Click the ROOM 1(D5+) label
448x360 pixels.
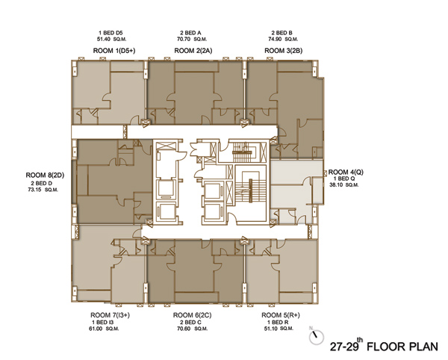click(x=114, y=51)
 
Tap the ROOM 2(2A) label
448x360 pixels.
click(x=193, y=51)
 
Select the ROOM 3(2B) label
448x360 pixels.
click(x=284, y=51)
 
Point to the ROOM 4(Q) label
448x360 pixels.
click(x=346, y=172)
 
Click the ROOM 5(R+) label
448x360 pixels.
click(x=281, y=315)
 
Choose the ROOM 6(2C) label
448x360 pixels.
click(x=193, y=315)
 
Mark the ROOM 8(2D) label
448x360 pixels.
click(x=45, y=175)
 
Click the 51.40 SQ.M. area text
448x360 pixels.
click(x=112, y=39)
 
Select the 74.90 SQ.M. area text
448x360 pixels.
click(x=283, y=39)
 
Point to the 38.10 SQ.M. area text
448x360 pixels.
click(x=344, y=185)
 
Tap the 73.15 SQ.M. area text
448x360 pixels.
click(x=43, y=190)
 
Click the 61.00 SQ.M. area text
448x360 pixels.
click(x=104, y=329)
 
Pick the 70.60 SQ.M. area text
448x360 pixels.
click(x=193, y=329)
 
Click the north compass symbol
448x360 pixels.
click(x=317, y=337)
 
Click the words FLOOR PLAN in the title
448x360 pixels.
click(x=402, y=347)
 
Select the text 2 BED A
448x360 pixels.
click(x=190, y=33)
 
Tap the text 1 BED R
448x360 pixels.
click(x=278, y=322)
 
